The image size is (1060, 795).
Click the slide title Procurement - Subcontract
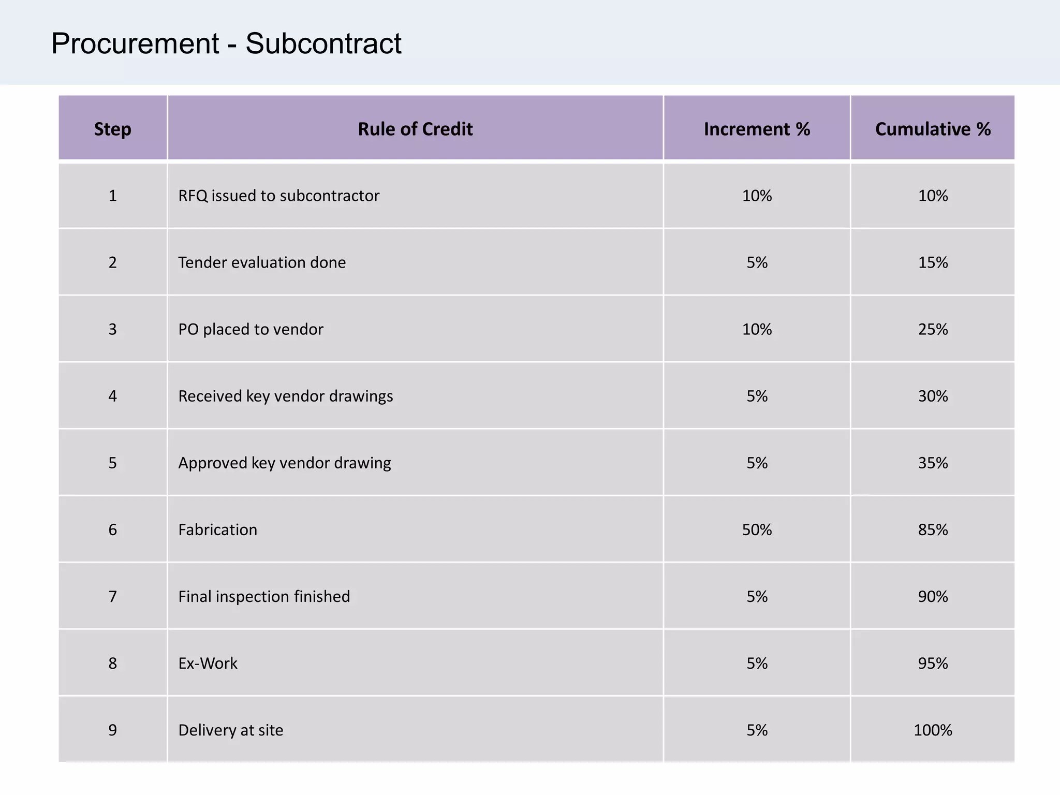point(226,43)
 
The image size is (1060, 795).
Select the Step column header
point(112,129)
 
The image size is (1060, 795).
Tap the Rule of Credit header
point(415,129)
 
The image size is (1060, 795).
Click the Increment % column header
point(757,129)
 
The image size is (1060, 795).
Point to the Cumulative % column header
point(933,129)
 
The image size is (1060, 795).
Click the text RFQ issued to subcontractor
point(278,196)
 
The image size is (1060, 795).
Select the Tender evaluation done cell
point(262,262)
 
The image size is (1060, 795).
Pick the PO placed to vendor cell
point(251,329)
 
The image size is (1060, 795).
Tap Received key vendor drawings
point(285,396)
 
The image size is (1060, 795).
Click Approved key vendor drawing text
point(284,463)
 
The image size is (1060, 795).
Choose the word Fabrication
point(217,529)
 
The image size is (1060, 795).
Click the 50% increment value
point(757,529)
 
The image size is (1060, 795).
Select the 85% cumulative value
point(933,529)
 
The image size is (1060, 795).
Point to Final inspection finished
point(264,596)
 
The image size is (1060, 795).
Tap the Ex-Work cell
point(208,663)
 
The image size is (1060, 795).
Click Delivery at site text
point(230,730)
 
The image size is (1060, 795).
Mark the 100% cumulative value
point(933,730)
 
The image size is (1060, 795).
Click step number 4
point(112,396)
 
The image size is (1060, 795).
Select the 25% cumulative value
point(933,329)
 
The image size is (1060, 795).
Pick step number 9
point(112,730)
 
